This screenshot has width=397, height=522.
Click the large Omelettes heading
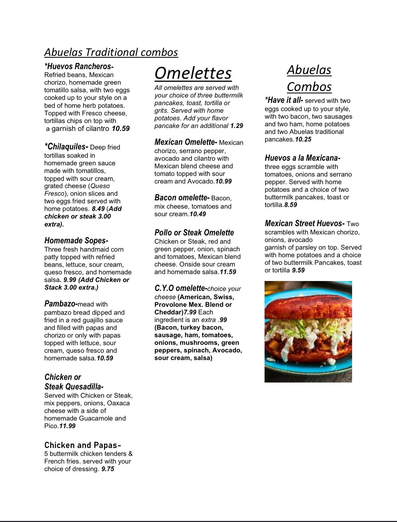[193, 73]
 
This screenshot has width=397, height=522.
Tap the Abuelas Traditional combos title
[111, 52]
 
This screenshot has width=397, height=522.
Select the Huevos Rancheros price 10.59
[121, 129]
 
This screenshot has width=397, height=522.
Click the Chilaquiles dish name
[66, 147]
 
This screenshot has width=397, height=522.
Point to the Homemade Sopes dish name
[76, 241]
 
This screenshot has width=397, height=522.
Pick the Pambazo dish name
[61, 304]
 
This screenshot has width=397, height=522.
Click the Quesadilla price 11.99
[67, 426]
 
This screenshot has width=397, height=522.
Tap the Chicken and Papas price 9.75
[108, 469]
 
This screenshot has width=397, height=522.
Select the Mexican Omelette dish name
[186, 142]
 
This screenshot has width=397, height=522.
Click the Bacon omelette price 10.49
[198, 214]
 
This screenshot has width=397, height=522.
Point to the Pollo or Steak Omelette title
[194, 233]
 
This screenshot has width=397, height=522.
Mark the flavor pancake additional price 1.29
[236, 126]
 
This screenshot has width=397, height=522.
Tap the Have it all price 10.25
[303, 139]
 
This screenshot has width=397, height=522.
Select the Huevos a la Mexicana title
[303, 158]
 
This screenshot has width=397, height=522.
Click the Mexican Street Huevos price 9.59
[298, 270]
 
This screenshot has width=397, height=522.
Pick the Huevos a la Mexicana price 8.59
[291, 205]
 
